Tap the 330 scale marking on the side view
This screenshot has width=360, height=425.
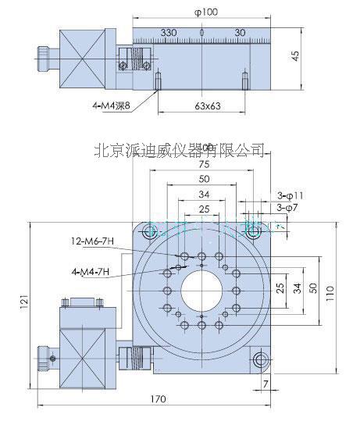(x=167, y=33)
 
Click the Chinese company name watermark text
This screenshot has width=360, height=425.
(x=179, y=148)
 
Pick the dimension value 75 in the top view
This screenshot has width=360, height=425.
(x=203, y=165)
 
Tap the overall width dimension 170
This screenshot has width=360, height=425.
(x=159, y=400)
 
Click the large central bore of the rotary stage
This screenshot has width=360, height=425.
(x=202, y=293)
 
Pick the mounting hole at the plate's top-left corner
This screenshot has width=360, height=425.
(x=148, y=232)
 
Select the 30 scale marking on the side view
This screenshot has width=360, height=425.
(x=240, y=33)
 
